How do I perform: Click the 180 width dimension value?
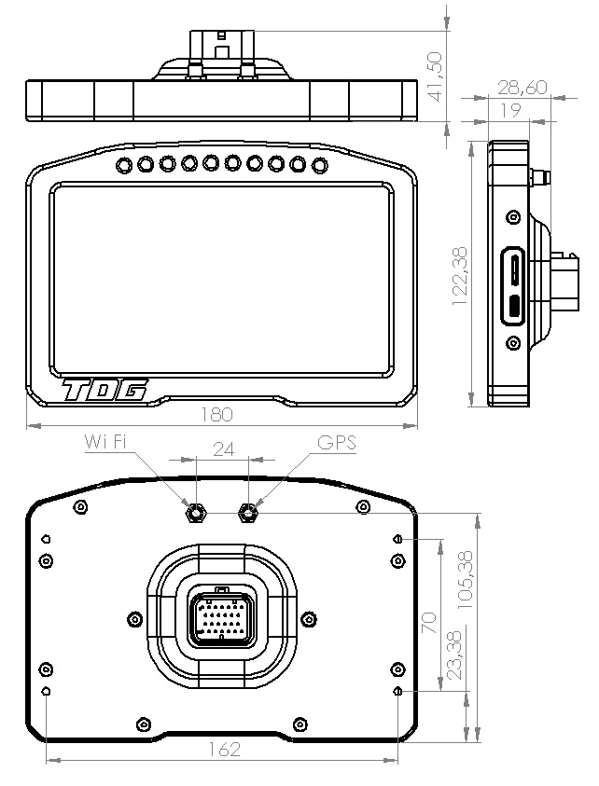pyautogui.click(x=216, y=415)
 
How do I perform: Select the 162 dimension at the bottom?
pyautogui.click(x=224, y=749)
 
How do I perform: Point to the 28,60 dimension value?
pyautogui.click(x=522, y=88)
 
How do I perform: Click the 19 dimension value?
pyautogui.click(x=510, y=110)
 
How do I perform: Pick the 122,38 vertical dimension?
pyautogui.click(x=460, y=276)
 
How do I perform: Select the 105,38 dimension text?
pyautogui.click(x=466, y=579)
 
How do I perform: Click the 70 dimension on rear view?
pyautogui.click(x=430, y=623)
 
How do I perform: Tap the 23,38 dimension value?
pyautogui.click(x=454, y=655)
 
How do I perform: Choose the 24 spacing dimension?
pyautogui.click(x=224, y=449)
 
